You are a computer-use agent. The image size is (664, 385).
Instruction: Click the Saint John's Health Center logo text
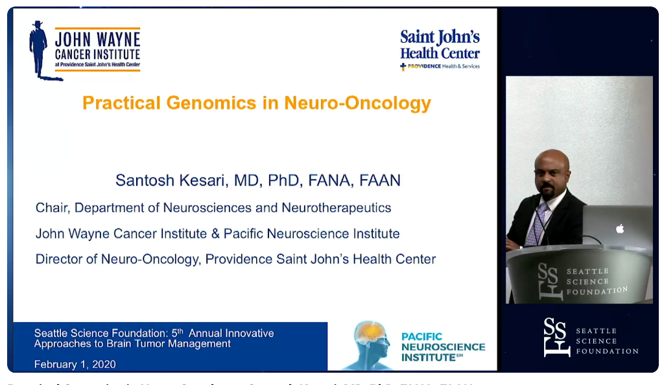click(x=440, y=45)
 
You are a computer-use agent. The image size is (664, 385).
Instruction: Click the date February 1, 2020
click(x=75, y=364)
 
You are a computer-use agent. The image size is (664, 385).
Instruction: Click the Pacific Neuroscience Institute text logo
click(x=443, y=347)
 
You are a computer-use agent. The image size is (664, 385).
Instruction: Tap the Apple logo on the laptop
click(x=619, y=228)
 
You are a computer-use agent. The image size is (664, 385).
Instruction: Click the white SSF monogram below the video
click(x=557, y=337)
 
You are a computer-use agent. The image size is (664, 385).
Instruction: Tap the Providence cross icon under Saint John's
click(x=403, y=66)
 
